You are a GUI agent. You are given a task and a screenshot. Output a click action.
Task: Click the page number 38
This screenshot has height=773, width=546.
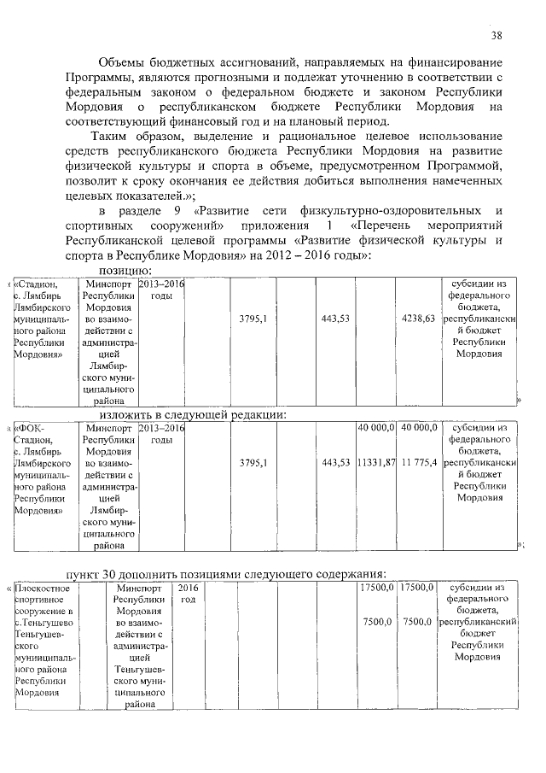click(497, 35)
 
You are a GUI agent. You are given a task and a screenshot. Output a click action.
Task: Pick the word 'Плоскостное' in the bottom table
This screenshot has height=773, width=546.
click(42, 588)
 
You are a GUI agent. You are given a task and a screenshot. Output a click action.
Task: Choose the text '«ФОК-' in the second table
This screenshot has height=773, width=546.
click(32, 427)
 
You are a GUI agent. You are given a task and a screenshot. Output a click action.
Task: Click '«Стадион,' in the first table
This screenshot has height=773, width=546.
click(38, 284)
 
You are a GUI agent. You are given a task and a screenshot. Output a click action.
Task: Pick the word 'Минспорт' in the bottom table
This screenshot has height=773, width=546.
click(139, 588)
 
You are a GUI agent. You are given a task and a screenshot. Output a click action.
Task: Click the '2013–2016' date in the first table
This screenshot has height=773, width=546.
click(161, 284)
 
